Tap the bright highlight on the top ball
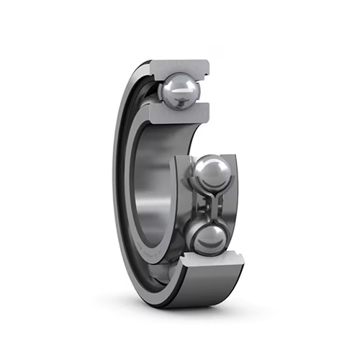173,86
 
